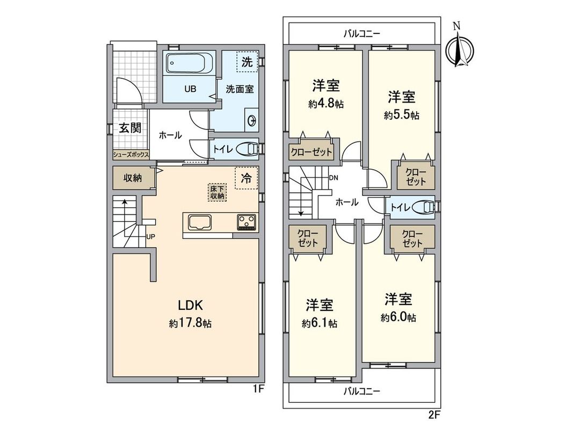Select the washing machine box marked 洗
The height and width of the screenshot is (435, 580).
(x=247, y=62)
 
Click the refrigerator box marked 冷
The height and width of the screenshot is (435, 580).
(x=247, y=178)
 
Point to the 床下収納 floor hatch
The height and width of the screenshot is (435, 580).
(x=218, y=192)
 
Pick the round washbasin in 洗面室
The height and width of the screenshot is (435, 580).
(x=251, y=120)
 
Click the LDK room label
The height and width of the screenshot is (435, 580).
(x=190, y=306)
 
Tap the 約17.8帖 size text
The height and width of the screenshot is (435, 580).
(x=190, y=323)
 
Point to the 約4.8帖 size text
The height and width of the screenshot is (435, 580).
(x=326, y=105)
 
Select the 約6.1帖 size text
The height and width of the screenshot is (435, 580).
(x=320, y=323)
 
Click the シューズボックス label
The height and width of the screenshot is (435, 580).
(x=130, y=155)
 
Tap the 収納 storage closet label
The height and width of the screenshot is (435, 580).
(x=133, y=178)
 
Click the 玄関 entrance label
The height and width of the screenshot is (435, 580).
(x=130, y=128)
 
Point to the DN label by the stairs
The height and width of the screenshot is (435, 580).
(x=334, y=177)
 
